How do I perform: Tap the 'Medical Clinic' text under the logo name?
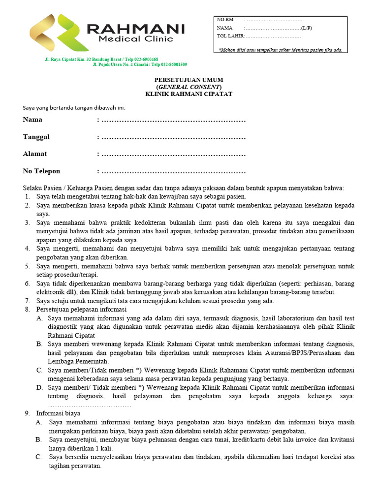(x=136, y=39)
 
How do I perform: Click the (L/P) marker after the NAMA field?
(x=306, y=28)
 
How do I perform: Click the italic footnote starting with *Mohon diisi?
(x=280, y=50)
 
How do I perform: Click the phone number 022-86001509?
(x=172, y=64)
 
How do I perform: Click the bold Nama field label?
(x=32, y=120)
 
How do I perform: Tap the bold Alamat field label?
(x=35, y=154)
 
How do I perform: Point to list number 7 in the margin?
(x=28, y=301)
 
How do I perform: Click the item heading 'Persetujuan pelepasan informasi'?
(x=81, y=309)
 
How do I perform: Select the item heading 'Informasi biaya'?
(x=59, y=414)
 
